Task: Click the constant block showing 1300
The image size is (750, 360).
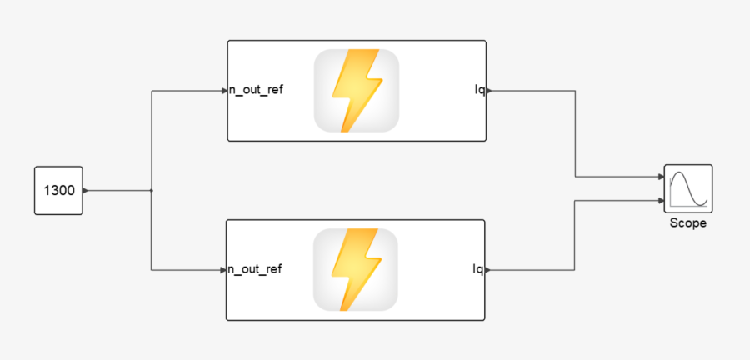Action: click(x=58, y=191)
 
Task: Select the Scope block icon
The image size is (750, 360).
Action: click(x=687, y=189)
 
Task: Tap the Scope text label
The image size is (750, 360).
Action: click(x=687, y=223)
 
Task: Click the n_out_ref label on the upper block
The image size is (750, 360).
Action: click(x=257, y=90)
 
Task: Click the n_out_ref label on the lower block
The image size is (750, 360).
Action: click(x=256, y=269)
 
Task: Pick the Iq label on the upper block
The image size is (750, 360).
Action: click(x=478, y=90)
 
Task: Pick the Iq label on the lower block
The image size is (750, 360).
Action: click(x=477, y=269)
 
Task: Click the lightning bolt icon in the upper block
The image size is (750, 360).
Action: click(x=356, y=91)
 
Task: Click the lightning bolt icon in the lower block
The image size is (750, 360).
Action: click(x=356, y=269)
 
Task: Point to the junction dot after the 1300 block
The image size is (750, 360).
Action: click(x=151, y=191)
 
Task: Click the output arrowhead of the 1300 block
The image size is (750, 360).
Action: click(x=86, y=191)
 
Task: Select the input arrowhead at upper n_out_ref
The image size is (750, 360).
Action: click(x=225, y=90)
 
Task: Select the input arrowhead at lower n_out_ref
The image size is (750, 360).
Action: click(x=224, y=269)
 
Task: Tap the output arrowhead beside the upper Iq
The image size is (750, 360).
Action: click(x=488, y=90)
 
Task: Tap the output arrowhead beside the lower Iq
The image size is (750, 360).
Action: click(x=487, y=269)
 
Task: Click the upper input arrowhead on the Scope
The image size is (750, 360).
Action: click(x=661, y=177)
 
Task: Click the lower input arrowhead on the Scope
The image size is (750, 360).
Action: click(x=661, y=200)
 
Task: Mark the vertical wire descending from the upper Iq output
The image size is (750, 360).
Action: click(x=575, y=133)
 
